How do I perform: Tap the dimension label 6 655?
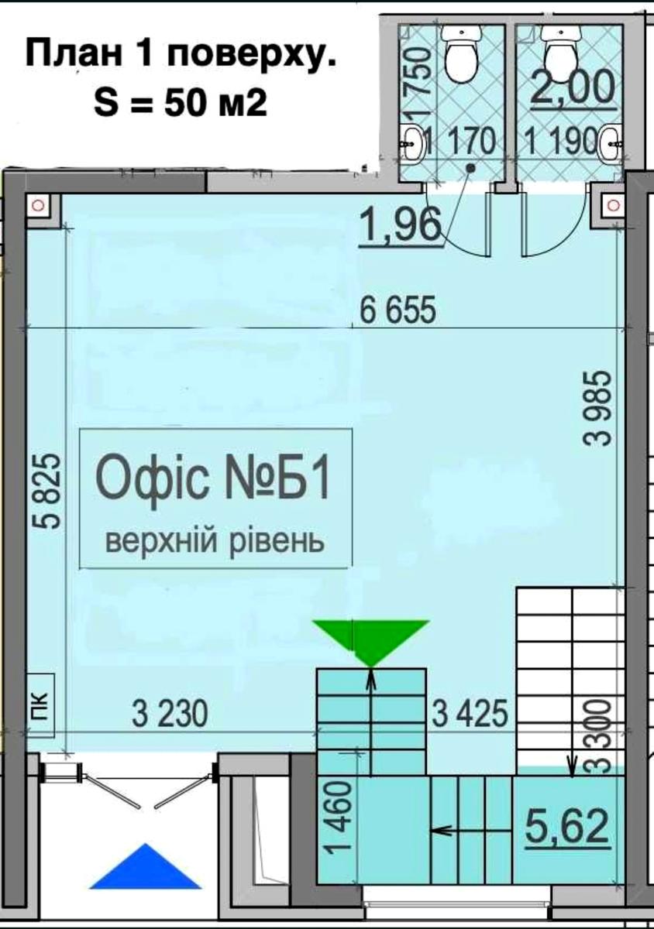(x=398, y=310)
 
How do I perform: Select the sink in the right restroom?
(x=611, y=142)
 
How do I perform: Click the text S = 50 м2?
(x=181, y=106)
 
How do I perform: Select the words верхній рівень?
(x=215, y=540)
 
